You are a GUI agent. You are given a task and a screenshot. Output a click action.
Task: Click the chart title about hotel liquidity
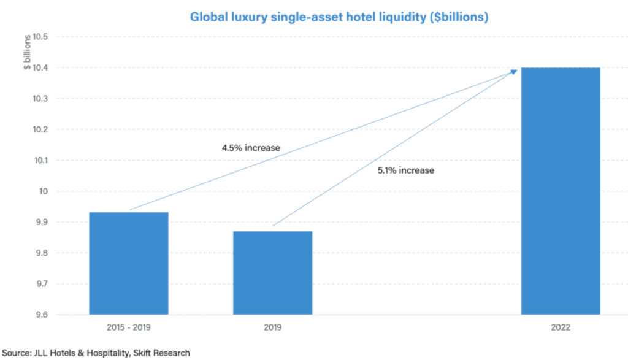[x=339, y=17]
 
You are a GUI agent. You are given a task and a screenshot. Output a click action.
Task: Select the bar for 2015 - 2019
[x=129, y=263]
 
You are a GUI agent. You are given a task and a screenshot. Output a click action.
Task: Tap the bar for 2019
[x=272, y=273]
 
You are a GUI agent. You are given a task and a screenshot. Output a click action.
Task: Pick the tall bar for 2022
[x=561, y=191]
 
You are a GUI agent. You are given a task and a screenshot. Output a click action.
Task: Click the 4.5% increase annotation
[x=251, y=148]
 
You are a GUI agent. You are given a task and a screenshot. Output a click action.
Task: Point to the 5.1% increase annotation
[x=405, y=170]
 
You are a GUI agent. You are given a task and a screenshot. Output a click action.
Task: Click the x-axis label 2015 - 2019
[x=129, y=328]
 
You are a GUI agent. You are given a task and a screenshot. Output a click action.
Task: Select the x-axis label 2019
[x=272, y=328]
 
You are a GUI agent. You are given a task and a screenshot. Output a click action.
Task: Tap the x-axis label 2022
[x=561, y=328]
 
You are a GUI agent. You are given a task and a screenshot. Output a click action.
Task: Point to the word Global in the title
[x=208, y=17]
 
